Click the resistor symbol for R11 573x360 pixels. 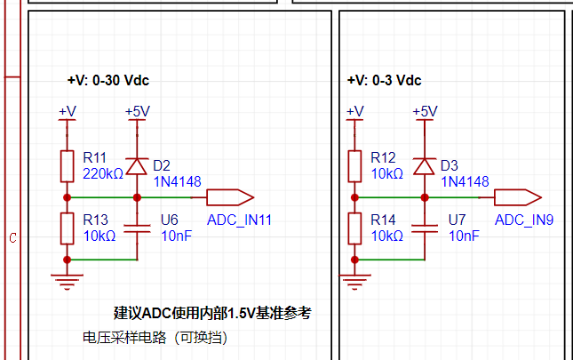click(67, 166)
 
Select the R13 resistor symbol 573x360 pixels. click(67, 228)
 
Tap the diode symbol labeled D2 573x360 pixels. click(137, 166)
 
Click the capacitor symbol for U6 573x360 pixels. click(137, 228)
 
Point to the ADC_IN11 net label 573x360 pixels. click(239, 220)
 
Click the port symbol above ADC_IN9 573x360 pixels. click(518, 197)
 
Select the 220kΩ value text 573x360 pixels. click(103, 174)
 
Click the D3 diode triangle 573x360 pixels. click(425, 166)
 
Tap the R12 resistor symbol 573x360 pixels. click(354, 166)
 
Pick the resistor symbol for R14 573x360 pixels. click(354, 228)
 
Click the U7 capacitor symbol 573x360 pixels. click(425, 228)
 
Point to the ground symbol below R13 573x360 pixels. click(67, 282)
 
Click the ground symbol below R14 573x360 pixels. click(354, 282)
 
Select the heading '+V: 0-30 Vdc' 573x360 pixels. click(108, 80)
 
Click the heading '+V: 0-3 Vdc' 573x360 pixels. click(384, 80)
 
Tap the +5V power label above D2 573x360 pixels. click(138, 111)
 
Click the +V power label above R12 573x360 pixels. click(354, 111)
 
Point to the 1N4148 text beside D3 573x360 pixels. click(465, 181)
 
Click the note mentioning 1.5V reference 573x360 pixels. click(212, 313)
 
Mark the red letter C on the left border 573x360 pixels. click(12, 238)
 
